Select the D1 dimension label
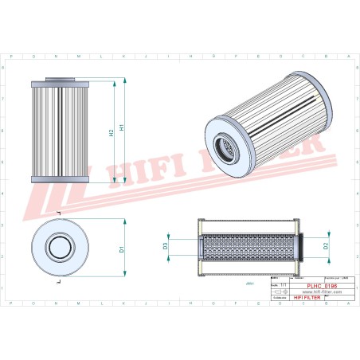[x=121, y=249]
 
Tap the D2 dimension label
[x=327, y=247]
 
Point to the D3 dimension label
[x=166, y=246]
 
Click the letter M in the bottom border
[x=80, y=303]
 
